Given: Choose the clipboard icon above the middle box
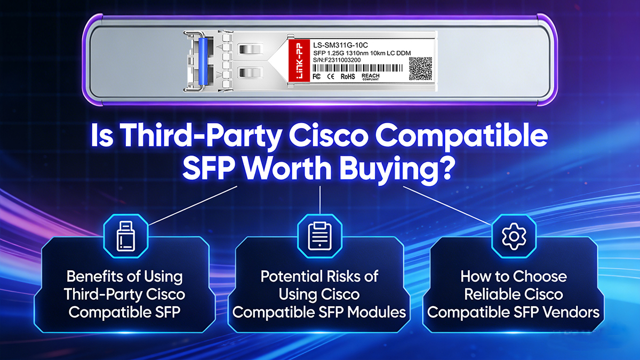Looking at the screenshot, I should (319, 235).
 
